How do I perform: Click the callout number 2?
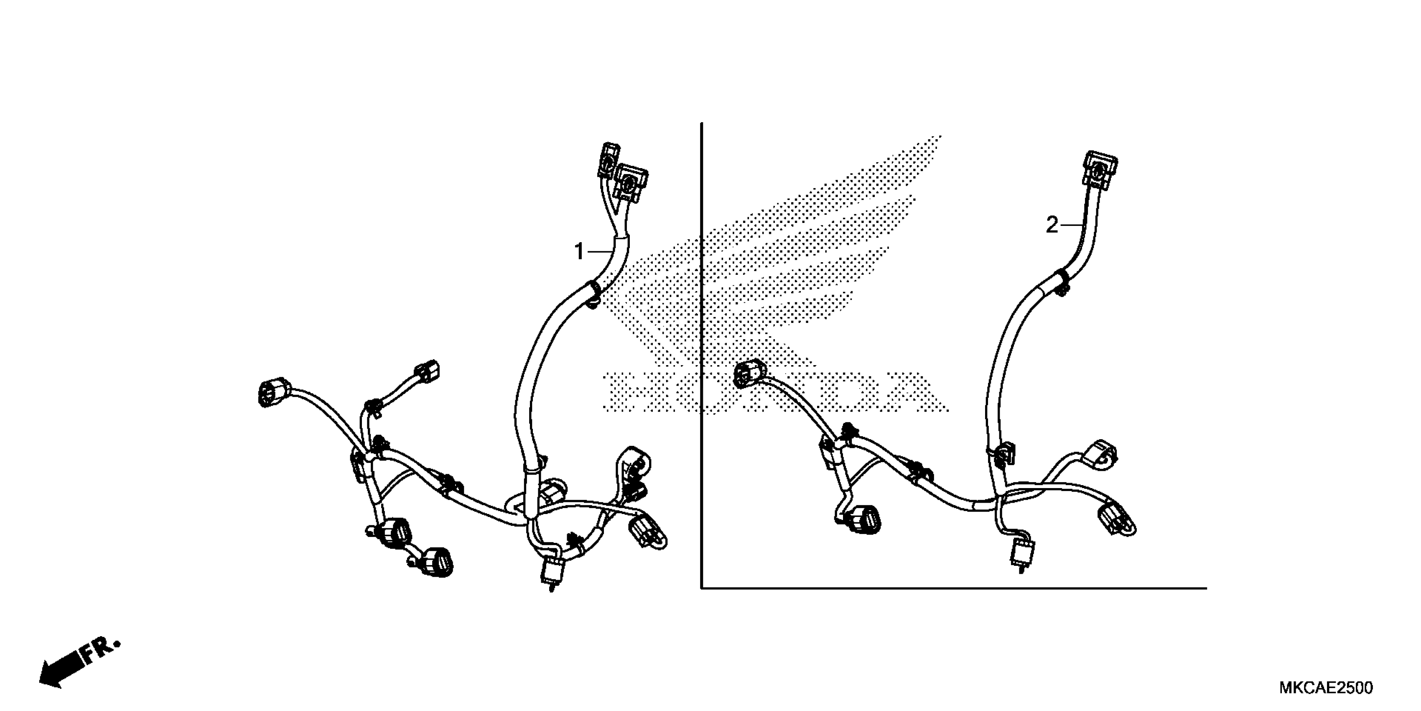(x=1052, y=225)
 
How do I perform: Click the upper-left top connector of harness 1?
(x=609, y=159)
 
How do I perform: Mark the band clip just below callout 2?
(x=1060, y=280)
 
